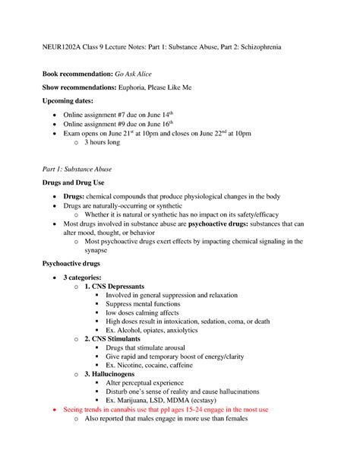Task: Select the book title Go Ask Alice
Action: click(x=135, y=75)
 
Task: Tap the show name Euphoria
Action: click(x=136, y=87)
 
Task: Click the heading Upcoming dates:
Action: click(x=67, y=100)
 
